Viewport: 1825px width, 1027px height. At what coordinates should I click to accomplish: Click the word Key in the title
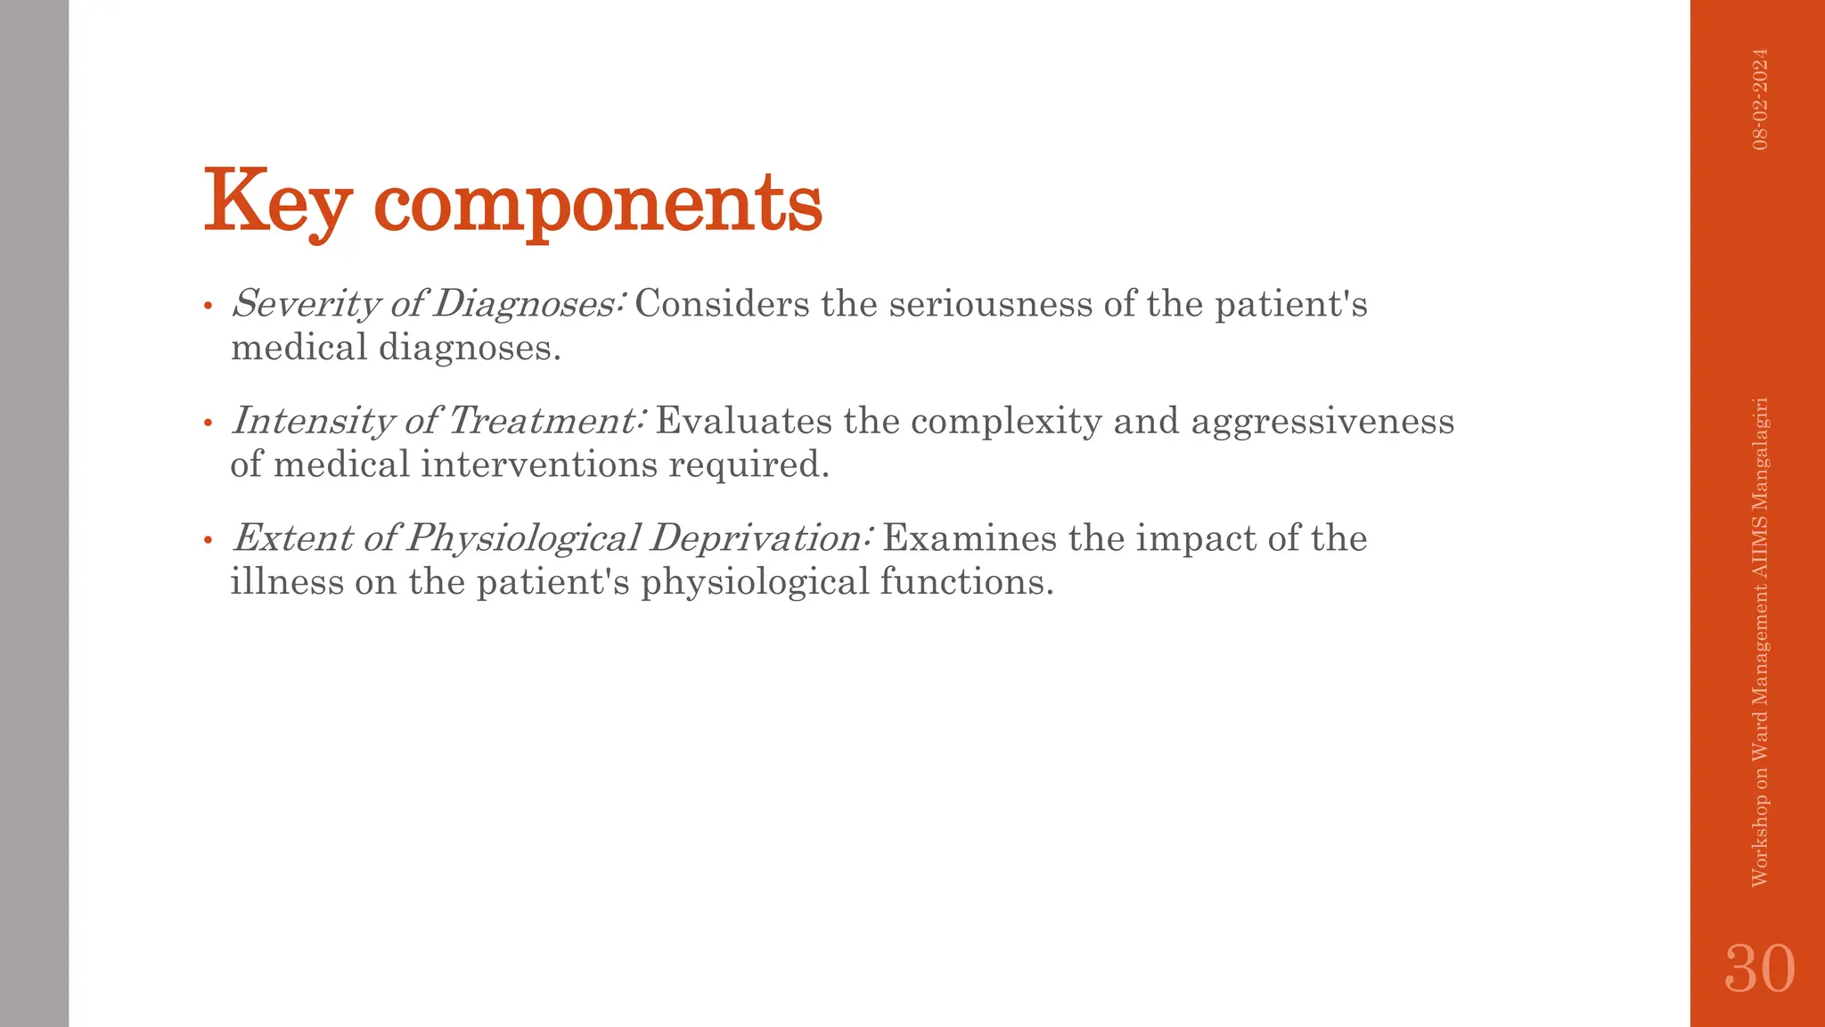(x=276, y=203)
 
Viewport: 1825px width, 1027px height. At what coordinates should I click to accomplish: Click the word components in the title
(x=598, y=205)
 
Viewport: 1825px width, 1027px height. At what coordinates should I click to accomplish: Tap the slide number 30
(x=1759, y=968)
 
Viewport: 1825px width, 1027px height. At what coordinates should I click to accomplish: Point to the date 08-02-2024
(x=1760, y=99)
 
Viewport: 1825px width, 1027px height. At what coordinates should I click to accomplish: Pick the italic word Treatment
(x=544, y=421)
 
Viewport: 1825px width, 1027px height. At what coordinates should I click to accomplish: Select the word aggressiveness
(x=1322, y=421)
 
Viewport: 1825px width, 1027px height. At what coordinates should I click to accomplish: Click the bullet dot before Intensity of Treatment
(x=208, y=423)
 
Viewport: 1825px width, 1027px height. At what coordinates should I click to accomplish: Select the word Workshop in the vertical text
(x=1760, y=842)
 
